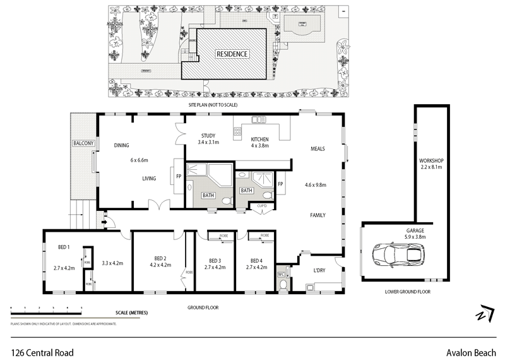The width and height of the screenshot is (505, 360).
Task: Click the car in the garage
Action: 396,255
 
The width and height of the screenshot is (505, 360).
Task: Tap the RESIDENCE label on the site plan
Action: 232,54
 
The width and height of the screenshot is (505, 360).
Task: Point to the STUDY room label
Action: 208,136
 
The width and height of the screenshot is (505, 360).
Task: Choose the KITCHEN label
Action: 259,139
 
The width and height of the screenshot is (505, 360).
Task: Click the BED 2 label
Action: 160,258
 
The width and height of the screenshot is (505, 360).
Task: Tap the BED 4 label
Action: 256,261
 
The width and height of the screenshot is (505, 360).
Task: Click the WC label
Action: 282,275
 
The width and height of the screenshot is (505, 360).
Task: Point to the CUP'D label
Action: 263,206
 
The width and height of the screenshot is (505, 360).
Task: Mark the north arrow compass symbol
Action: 484,314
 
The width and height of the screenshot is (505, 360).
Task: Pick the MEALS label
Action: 318,149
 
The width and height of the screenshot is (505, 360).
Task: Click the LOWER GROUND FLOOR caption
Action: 407,292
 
